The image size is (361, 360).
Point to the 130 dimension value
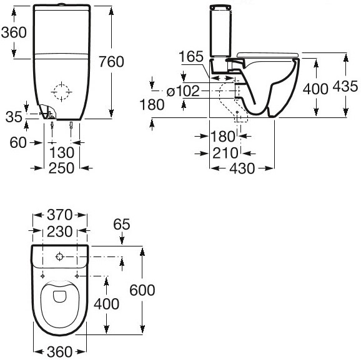coord(62,152)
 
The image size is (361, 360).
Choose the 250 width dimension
coord(61,167)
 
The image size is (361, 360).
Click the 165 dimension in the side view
coord(190,57)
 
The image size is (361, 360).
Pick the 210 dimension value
coord(224,152)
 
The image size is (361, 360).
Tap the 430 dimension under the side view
coord(241,168)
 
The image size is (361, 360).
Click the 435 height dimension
coord(346,87)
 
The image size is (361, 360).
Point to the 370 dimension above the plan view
coord(61,215)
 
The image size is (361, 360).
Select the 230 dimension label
coord(61,231)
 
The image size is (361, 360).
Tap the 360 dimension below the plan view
coord(59,352)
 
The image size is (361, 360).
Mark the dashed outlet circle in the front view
coord(62,93)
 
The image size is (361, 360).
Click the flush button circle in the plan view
coord(58,256)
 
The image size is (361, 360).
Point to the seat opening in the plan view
coord(59,301)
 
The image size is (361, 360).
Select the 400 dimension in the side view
coord(315,88)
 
